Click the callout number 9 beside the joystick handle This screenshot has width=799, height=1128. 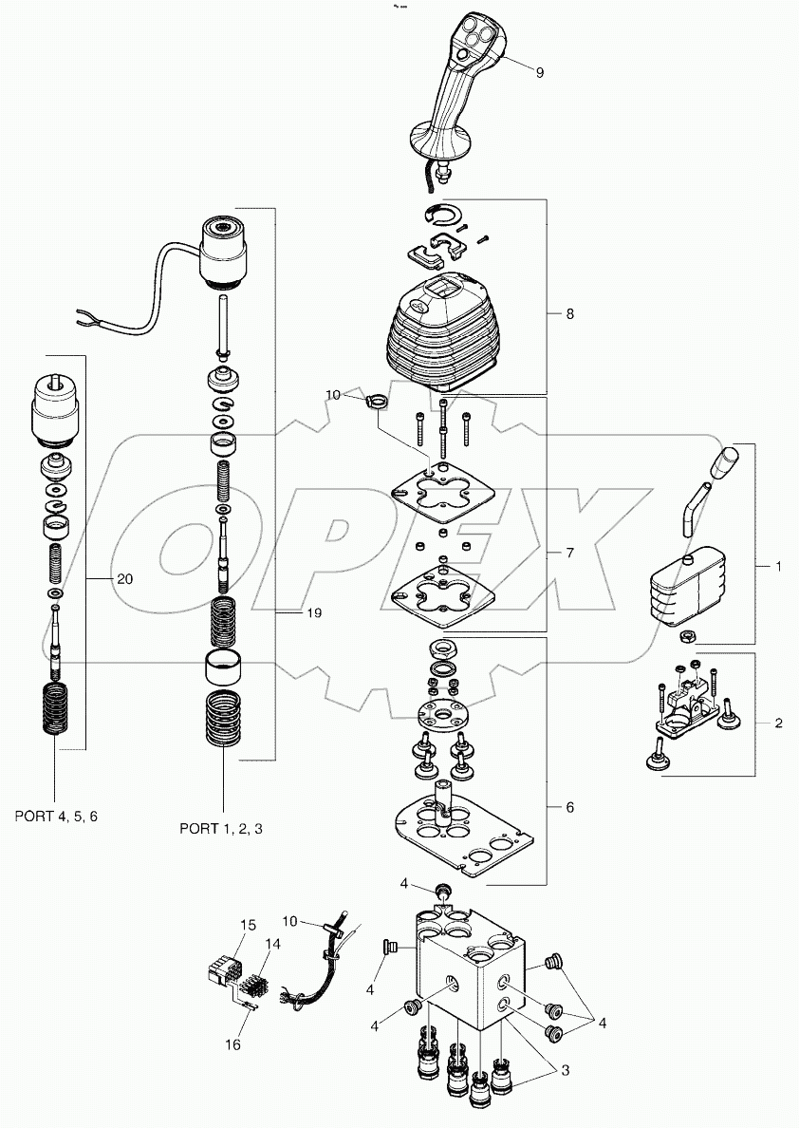pos(540,72)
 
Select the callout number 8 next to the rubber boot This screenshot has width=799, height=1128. pos(569,313)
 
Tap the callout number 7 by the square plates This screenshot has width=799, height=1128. pos(569,552)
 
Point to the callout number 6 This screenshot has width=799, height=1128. pos(569,807)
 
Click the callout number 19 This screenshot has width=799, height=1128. pos(313,613)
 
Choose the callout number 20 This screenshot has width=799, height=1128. pos(125,578)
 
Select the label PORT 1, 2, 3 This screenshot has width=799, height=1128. pos(221,828)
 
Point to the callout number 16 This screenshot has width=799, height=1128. pos(232,1044)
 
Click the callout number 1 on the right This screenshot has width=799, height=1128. pos(778,566)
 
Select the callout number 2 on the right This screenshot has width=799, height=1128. pos(778,724)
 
